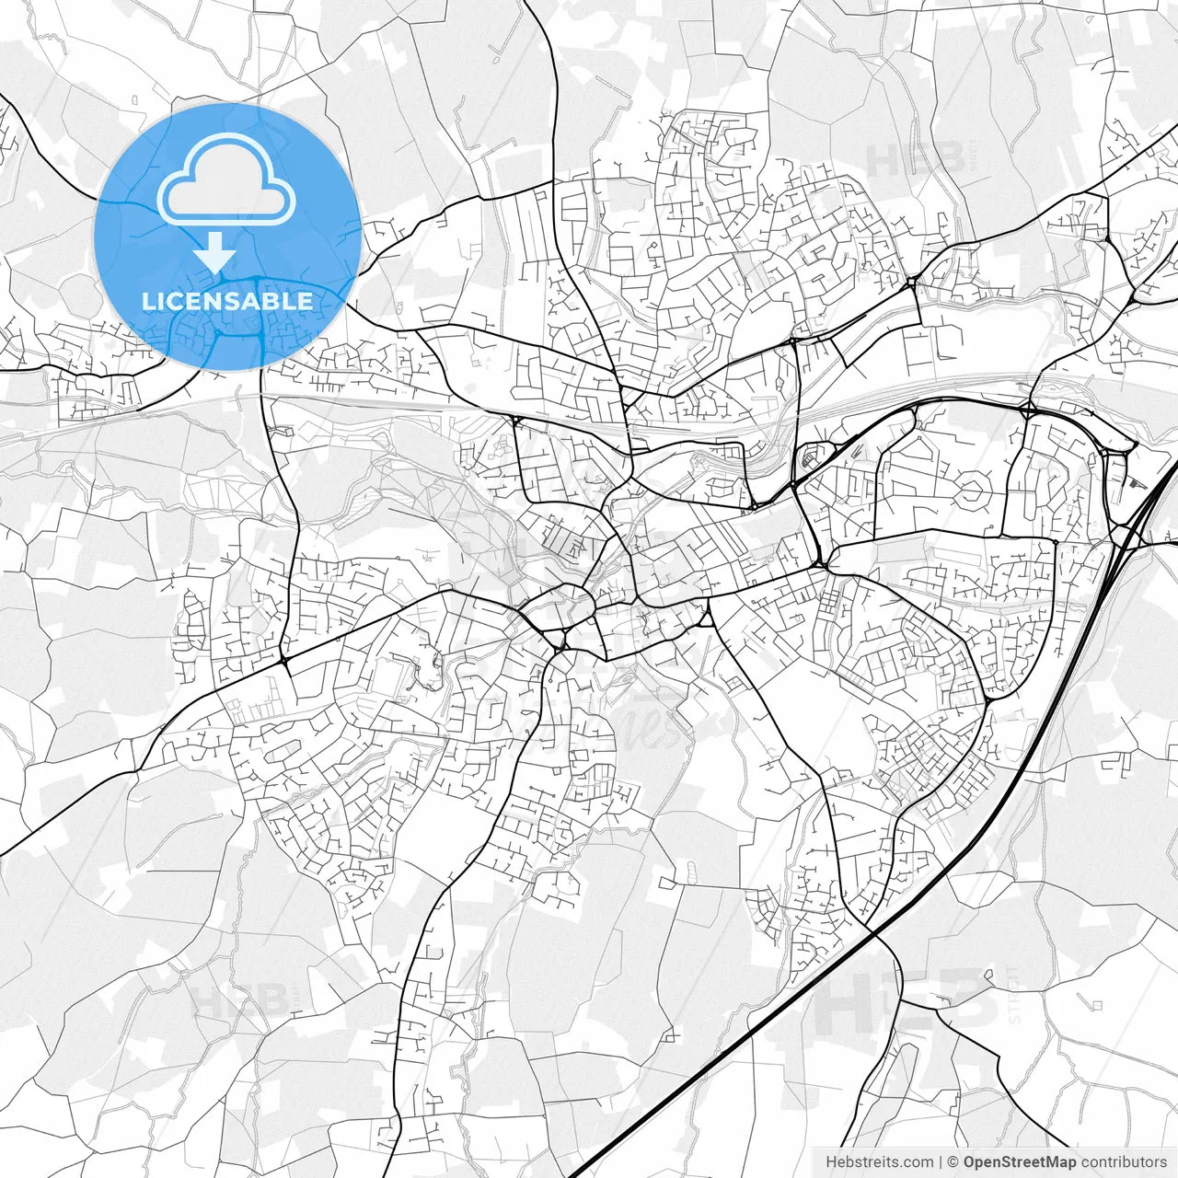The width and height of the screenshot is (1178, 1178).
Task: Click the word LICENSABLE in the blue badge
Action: click(x=226, y=301)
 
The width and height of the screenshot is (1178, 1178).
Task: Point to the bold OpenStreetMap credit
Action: click(x=1020, y=1161)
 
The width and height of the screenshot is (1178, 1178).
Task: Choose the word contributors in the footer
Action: click(x=1124, y=1161)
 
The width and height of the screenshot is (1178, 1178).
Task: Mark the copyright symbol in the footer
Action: click(x=953, y=1161)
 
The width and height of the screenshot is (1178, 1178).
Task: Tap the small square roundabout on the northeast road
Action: click(x=912, y=283)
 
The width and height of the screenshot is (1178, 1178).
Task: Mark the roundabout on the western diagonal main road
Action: click(x=284, y=659)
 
